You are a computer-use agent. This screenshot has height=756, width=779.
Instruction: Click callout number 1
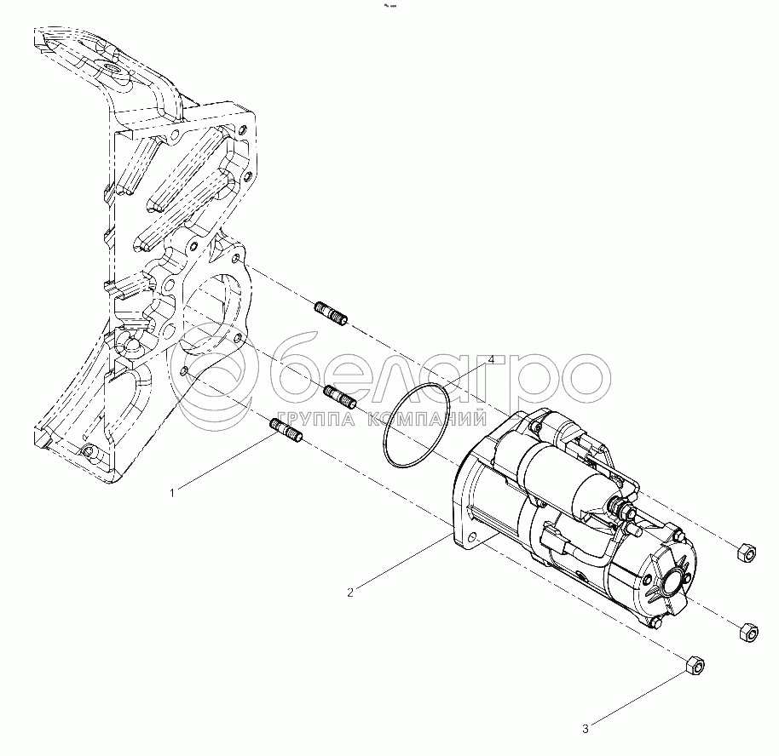(172, 493)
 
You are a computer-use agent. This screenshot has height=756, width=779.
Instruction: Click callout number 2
(350, 593)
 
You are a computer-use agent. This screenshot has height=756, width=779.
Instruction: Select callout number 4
(491, 359)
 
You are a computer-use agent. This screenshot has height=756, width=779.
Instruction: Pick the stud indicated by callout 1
(286, 431)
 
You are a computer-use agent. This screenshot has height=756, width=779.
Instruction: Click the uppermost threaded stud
(331, 313)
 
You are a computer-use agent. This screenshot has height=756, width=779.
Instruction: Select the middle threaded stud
(340, 397)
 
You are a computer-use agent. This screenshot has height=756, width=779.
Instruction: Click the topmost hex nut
(745, 552)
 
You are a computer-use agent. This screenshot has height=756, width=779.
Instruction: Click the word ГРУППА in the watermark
(316, 419)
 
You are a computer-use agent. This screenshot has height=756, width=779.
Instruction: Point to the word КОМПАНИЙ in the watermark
(427, 419)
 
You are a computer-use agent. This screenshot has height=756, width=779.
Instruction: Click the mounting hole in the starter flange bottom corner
(473, 537)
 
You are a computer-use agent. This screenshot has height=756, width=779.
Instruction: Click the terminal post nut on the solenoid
(621, 507)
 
